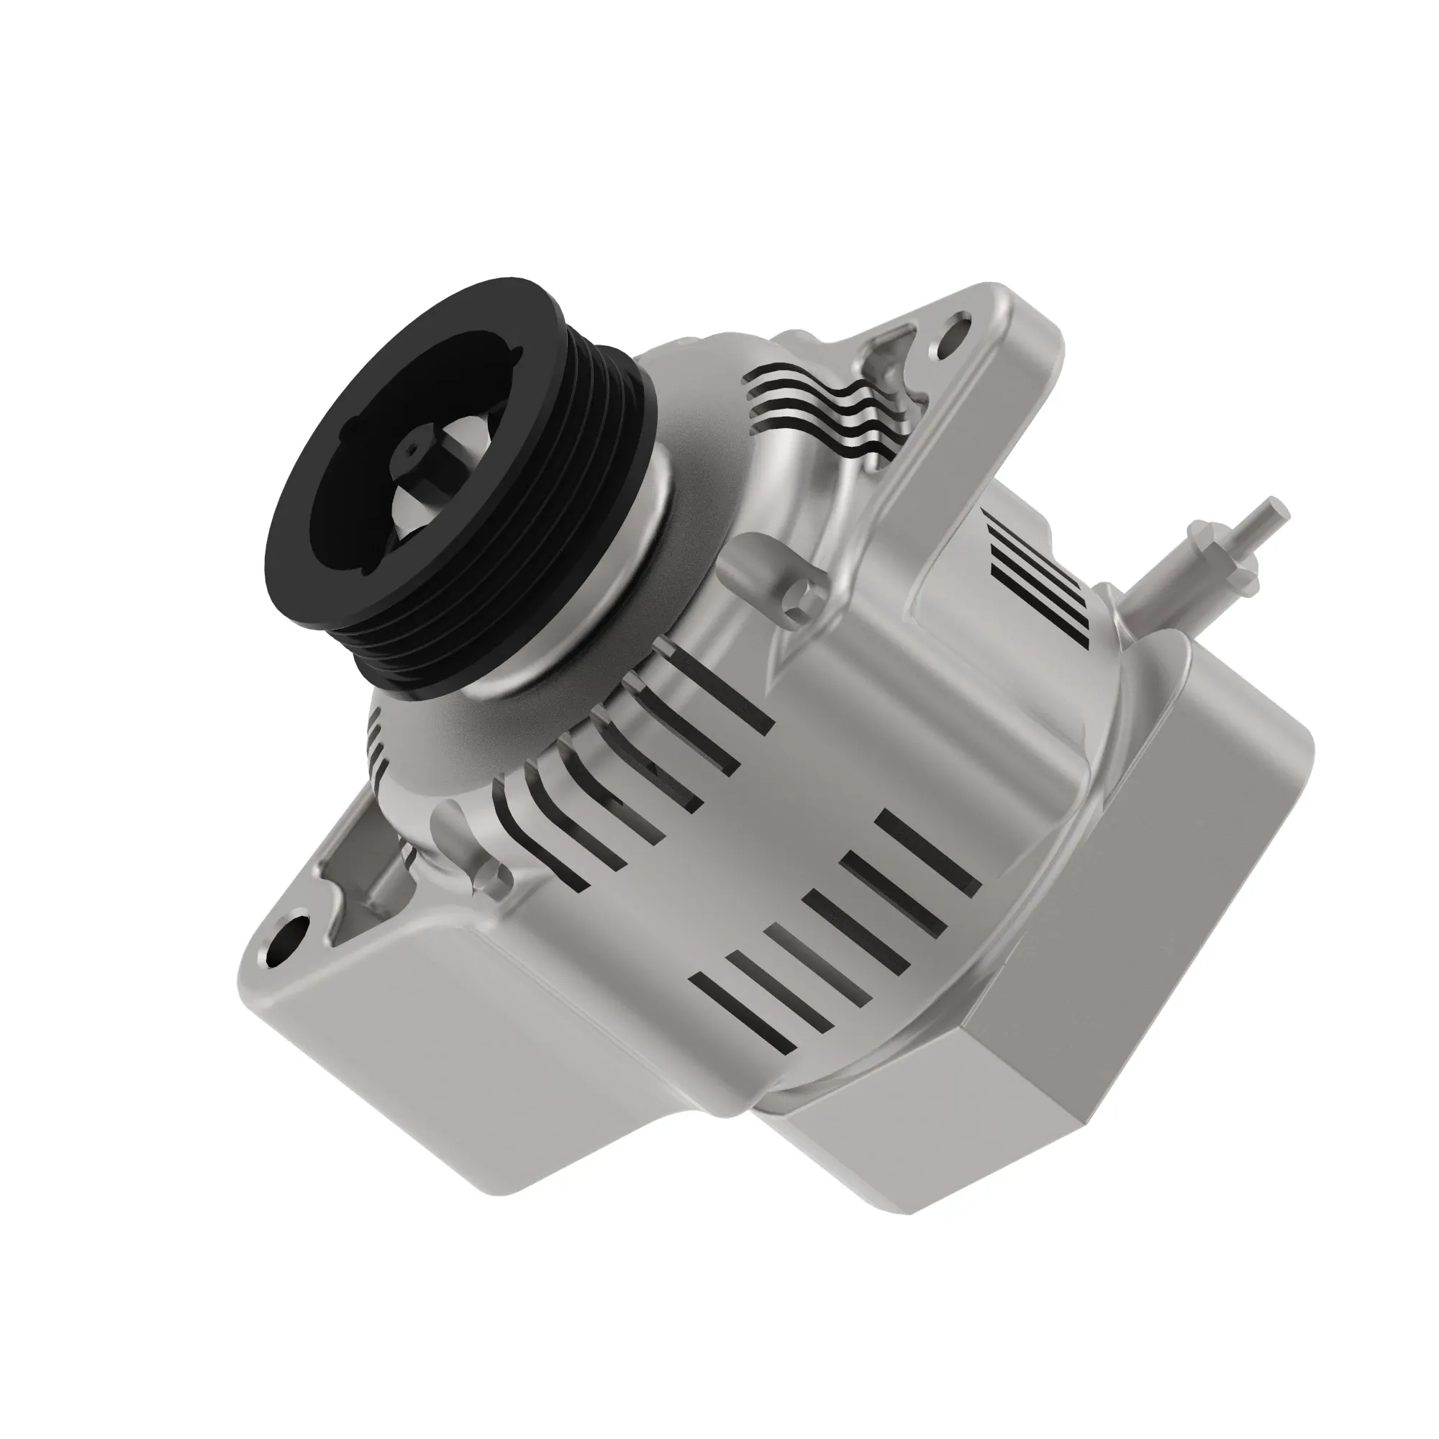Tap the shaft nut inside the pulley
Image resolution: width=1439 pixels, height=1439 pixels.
tap(410, 451)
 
